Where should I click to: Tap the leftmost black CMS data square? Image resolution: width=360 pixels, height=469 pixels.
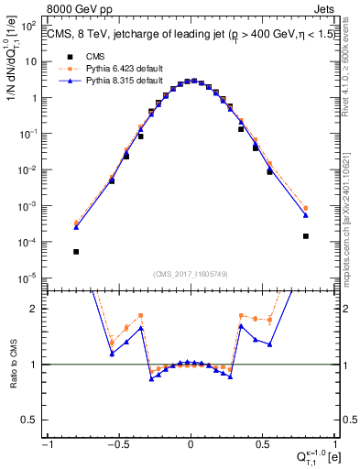pyautogui.click(x=76, y=251)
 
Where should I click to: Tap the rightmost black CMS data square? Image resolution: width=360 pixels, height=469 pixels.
pyautogui.click(x=306, y=235)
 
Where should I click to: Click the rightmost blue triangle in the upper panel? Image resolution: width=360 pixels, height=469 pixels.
pyautogui.click(x=306, y=215)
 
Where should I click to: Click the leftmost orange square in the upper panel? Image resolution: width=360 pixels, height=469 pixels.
pyautogui.click(x=76, y=223)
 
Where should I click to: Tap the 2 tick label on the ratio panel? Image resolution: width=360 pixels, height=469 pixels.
pyautogui.click(x=36, y=309)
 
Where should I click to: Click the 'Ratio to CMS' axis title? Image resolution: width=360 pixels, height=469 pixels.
pyautogui.click(x=12, y=365)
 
